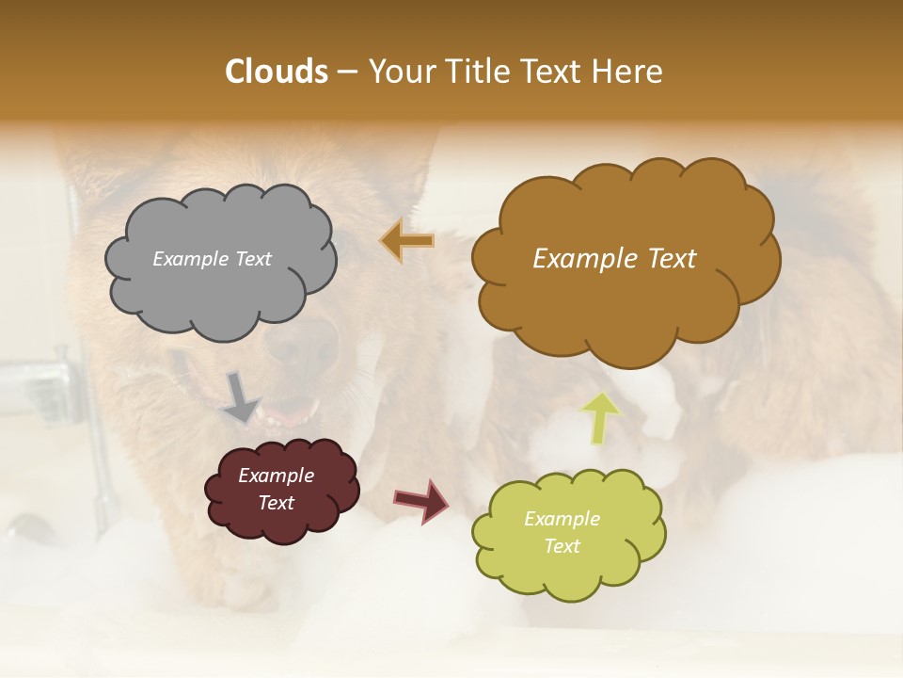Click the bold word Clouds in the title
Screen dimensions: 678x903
pyautogui.click(x=276, y=71)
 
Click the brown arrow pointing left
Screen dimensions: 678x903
pyautogui.click(x=407, y=241)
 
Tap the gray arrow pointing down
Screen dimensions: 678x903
pyautogui.click(x=241, y=397)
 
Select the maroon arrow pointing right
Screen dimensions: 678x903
pyautogui.click(x=421, y=500)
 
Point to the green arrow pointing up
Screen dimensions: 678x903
pyautogui.click(x=599, y=417)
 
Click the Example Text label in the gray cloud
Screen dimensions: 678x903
pyautogui.click(x=212, y=259)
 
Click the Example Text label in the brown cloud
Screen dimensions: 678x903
pyautogui.click(x=614, y=259)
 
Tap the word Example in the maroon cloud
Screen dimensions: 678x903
pyautogui.click(x=276, y=476)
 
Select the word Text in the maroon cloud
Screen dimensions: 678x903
pyautogui.click(x=276, y=503)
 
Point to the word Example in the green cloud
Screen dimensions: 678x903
pyautogui.click(x=562, y=519)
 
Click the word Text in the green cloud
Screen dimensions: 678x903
pyautogui.click(x=562, y=546)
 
